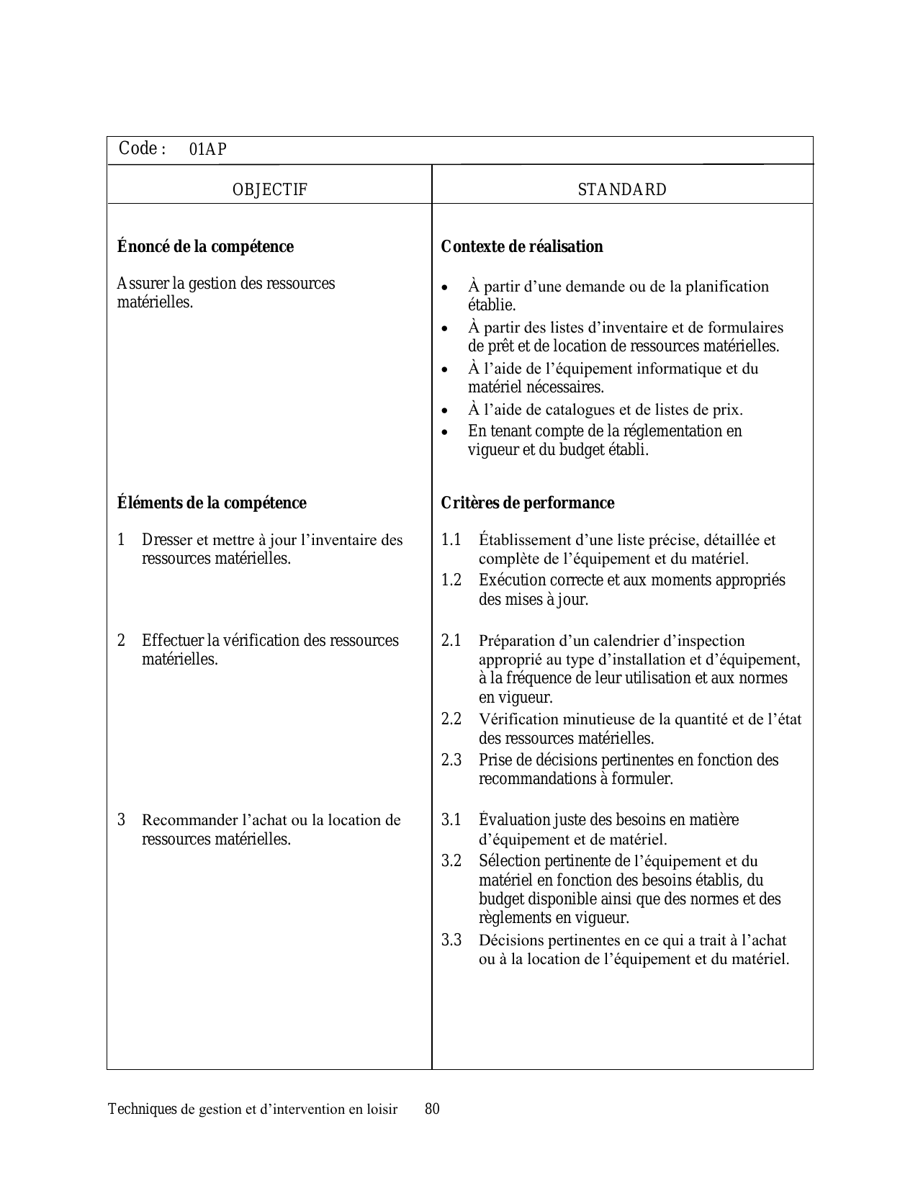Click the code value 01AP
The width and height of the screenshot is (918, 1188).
click(208, 150)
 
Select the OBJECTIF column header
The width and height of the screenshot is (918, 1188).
click(270, 190)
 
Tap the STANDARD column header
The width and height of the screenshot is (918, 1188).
click(622, 190)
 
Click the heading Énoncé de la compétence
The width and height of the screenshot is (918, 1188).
click(205, 247)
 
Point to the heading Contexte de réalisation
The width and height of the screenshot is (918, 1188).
click(522, 247)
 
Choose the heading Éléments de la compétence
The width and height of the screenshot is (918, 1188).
click(212, 503)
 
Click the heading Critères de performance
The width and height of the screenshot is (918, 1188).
click(528, 503)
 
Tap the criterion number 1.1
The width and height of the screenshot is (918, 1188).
click(451, 540)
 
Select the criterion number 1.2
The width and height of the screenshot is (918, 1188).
click(451, 580)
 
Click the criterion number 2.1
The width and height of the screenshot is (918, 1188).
click(451, 641)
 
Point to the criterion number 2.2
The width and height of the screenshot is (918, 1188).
click(451, 719)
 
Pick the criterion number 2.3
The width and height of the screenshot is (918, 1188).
click(451, 760)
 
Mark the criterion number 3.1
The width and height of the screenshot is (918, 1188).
click(451, 820)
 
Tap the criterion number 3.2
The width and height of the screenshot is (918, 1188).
click(451, 861)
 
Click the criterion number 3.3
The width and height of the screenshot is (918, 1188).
click(451, 940)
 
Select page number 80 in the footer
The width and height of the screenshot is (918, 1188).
click(432, 1109)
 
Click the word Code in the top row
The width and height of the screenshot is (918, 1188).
click(138, 148)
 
